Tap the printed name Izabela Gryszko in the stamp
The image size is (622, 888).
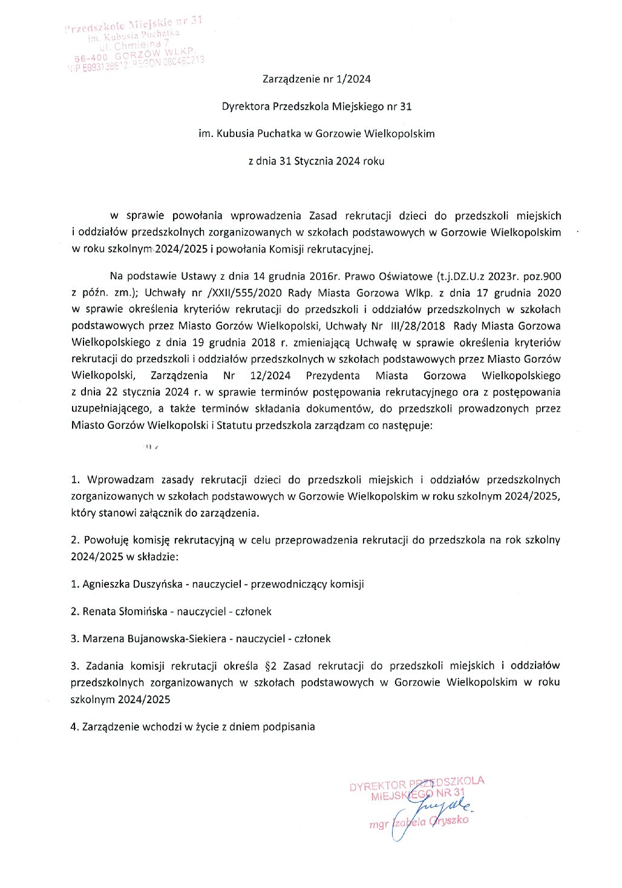tap(430, 822)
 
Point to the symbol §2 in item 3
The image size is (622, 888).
tap(271, 666)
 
